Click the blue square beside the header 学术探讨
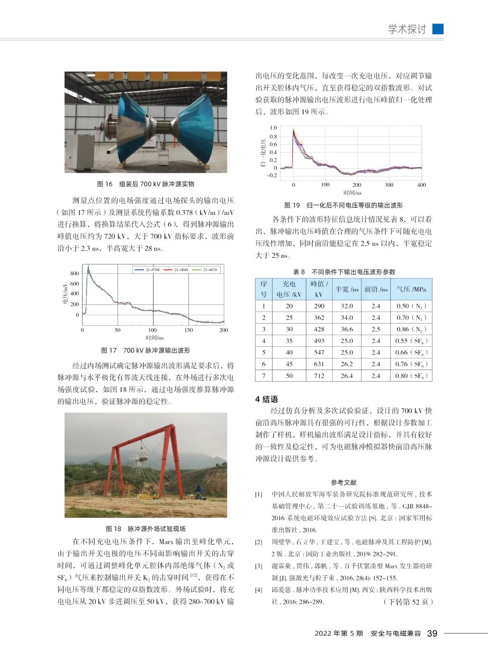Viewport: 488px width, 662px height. (437, 29)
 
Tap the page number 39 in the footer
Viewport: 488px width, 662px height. (432, 633)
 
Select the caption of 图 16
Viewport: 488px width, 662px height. (145, 184)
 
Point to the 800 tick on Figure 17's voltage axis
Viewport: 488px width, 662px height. (75, 273)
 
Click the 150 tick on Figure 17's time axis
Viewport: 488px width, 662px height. (188, 330)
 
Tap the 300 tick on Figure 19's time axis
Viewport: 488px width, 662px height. (389, 185)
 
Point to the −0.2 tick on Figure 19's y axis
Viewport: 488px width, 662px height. (272, 176)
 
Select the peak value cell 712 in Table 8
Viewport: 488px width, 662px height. (319, 376)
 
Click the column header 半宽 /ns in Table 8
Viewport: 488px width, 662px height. (347, 289)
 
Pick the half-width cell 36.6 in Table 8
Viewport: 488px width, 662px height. (347, 329)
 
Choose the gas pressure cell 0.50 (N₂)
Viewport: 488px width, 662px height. (411, 306)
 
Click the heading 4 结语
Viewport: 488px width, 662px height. (267, 399)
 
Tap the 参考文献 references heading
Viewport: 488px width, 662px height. (343, 482)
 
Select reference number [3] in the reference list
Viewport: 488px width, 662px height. (258, 566)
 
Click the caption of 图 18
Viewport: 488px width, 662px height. (145, 529)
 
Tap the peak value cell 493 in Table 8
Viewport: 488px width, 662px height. (319, 341)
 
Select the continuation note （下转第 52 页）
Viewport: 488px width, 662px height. (408, 601)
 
